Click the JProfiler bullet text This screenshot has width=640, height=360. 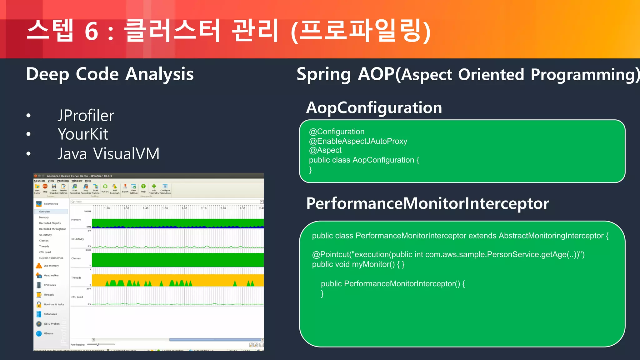coord(86,116)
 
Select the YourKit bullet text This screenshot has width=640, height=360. coord(83,134)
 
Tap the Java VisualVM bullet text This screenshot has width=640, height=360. coord(108,154)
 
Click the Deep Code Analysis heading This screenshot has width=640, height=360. coord(110,74)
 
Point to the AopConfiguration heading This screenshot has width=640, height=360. coord(374,108)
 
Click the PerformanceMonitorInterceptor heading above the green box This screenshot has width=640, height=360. coord(427,203)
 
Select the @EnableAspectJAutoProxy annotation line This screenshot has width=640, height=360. coord(358,141)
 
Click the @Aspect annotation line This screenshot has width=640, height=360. coord(325,150)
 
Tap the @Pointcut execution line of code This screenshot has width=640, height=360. coord(448,254)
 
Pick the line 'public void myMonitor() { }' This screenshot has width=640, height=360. coord(358,264)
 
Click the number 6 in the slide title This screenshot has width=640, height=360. coord(91,31)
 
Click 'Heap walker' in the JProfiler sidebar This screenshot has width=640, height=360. coord(51,275)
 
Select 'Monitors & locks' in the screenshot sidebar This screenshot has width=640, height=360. coord(53,304)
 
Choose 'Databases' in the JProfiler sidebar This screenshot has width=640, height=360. coord(50,314)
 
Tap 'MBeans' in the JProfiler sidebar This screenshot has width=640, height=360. coord(48,333)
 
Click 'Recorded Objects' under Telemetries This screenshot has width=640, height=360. coord(50,223)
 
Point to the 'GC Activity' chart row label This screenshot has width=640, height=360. coord(77,239)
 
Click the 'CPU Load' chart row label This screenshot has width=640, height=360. coord(77,297)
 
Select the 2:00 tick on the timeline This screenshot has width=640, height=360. coord(184,208)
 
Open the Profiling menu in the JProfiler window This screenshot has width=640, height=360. coord(63,181)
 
